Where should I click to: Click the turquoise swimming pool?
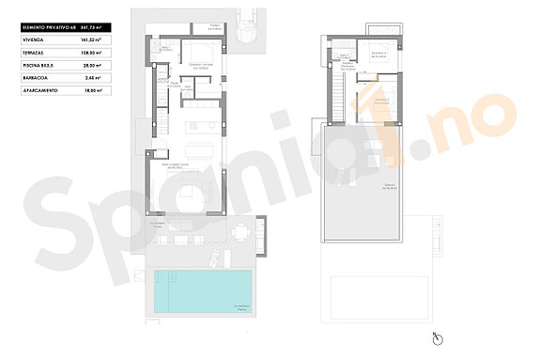point(202,290)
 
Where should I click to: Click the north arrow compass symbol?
point(438,338)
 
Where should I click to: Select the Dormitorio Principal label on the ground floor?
point(198,66)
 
